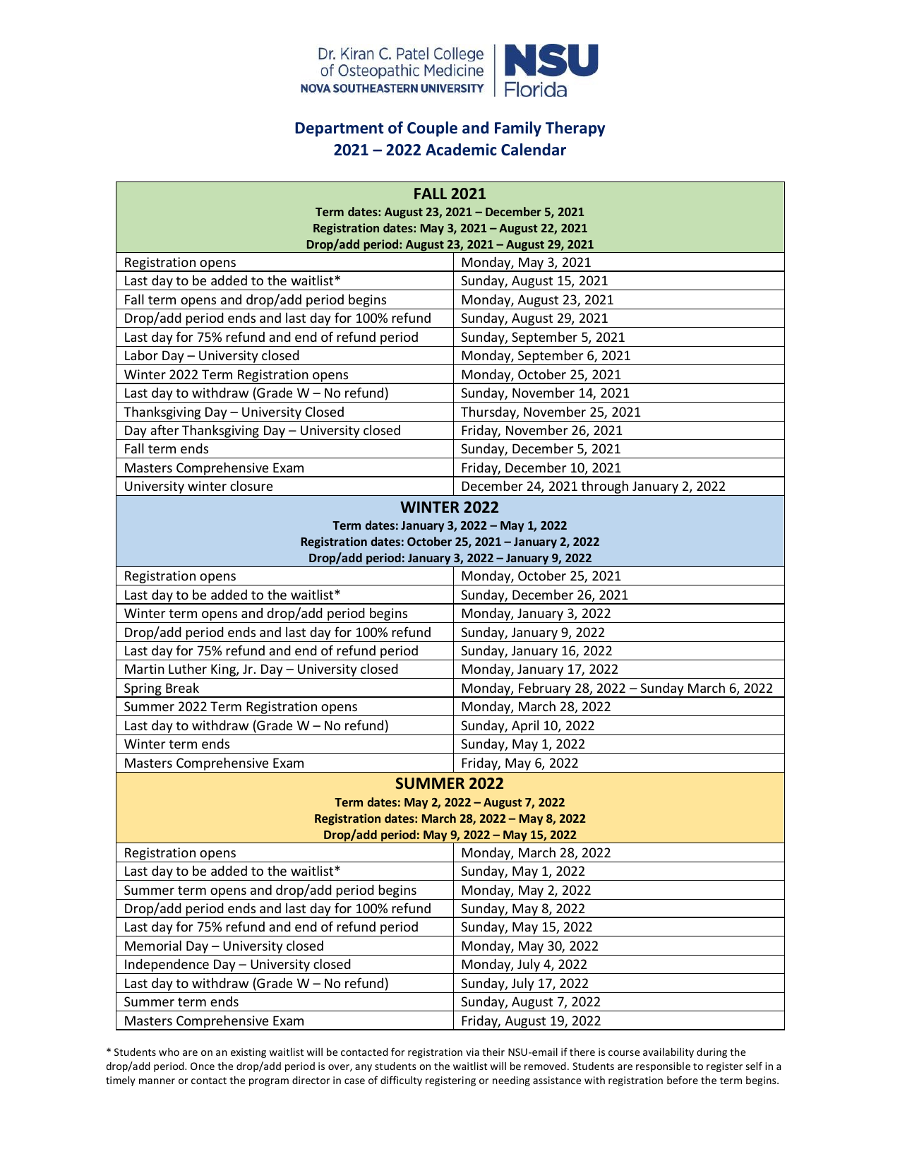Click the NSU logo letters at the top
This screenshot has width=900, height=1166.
click(551, 61)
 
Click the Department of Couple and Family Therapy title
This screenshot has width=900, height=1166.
click(450, 129)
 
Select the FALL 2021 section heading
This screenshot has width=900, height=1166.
click(450, 194)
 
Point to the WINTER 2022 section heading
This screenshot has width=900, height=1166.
click(450, 507)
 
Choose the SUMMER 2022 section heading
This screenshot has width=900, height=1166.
click(450, 783)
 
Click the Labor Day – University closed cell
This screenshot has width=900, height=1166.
click(212, 356)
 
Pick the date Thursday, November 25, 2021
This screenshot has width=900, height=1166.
click(551, 412)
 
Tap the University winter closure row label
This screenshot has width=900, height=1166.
click(198, 487)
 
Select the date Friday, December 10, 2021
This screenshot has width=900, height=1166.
click(541, 468)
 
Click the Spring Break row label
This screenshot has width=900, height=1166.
click(162, 689)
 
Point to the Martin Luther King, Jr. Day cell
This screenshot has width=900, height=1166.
click(261, 670)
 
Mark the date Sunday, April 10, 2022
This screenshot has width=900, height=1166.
click(527, 726)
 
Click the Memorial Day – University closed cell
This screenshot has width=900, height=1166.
click(224, 946)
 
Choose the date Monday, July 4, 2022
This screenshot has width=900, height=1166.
click(524, 965)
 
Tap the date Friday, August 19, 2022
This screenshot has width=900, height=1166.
click(531, 1021)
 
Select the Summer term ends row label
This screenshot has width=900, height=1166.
click(181, 1002)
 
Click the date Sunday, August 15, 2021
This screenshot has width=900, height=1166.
click(534, 281)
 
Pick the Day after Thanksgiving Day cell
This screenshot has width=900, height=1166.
click(263, 431)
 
